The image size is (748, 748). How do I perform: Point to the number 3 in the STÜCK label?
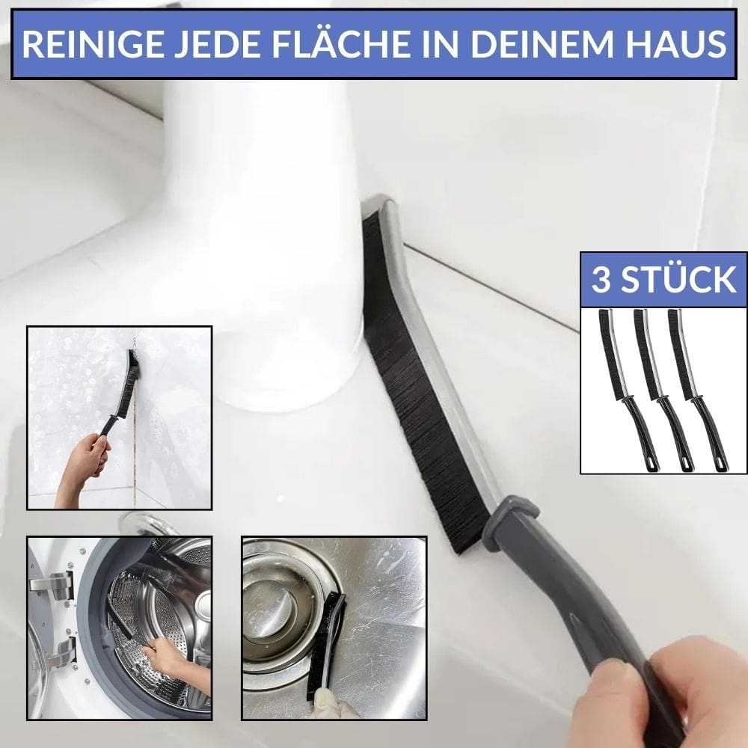click(600, 279)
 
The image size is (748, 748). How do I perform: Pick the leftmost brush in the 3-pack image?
click(622, 389)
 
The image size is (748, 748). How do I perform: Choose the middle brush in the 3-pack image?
click(658, 389)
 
